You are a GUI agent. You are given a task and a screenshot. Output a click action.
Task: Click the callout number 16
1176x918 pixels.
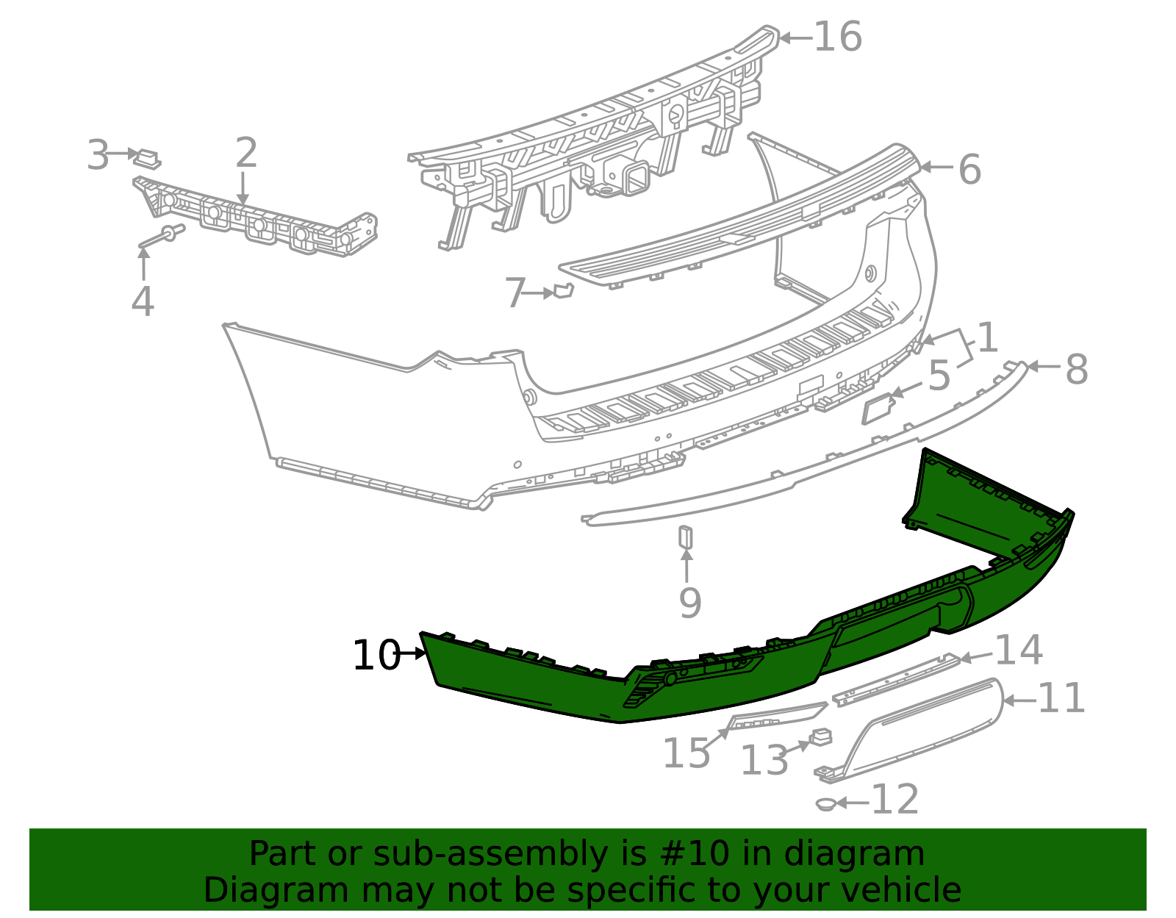click(838, 37)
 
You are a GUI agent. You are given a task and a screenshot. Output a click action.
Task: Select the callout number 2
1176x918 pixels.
click(246, 153)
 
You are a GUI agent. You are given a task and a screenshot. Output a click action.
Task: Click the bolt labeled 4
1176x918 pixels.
click(163, 236)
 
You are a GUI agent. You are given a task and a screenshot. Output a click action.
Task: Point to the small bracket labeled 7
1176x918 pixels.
click(562, 291)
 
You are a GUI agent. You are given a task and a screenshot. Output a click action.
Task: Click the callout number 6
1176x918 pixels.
click(969, 170)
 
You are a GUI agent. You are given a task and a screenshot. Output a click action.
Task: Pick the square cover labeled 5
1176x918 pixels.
click(877, 409)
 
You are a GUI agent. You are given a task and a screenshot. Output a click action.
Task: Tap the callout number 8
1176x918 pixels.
click(1076, 369)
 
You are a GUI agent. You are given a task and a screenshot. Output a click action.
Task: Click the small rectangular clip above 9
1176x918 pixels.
click(685, 537)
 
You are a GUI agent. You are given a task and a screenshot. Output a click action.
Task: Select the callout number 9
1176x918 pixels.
click(689, 603)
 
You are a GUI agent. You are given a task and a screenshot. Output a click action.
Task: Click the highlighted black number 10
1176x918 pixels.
click(376, 655)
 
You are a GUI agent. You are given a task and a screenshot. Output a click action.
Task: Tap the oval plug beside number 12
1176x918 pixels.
click(826, 804)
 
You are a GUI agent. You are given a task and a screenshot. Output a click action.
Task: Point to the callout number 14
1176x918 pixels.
click(1018, 650)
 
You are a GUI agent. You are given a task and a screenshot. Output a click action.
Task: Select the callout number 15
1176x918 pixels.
click(686, 753)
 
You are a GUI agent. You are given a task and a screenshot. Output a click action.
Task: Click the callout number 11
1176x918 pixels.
click(1061, 698)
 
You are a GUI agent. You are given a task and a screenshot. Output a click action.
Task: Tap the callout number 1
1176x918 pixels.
click(986, 337)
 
